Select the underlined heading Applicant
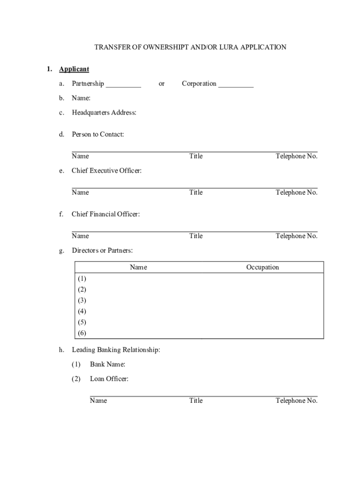tap(74, 69)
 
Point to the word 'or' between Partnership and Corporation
tap(161, 84)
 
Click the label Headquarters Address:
tap(104, 113)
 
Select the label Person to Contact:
tap(97, 135)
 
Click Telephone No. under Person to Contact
tap(296, 156)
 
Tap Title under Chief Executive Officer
tap(196, 193)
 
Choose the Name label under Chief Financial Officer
tap(80, 236)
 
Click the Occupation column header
tap(262, 268)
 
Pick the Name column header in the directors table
tap(138, 268)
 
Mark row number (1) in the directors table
tap(82, 278)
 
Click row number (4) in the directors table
tap(82, 312)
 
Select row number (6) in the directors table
tap(82, 334)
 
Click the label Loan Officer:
tap(109, 379)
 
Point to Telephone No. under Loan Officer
tap(296, 401)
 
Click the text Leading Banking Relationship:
tap(115, 350)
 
